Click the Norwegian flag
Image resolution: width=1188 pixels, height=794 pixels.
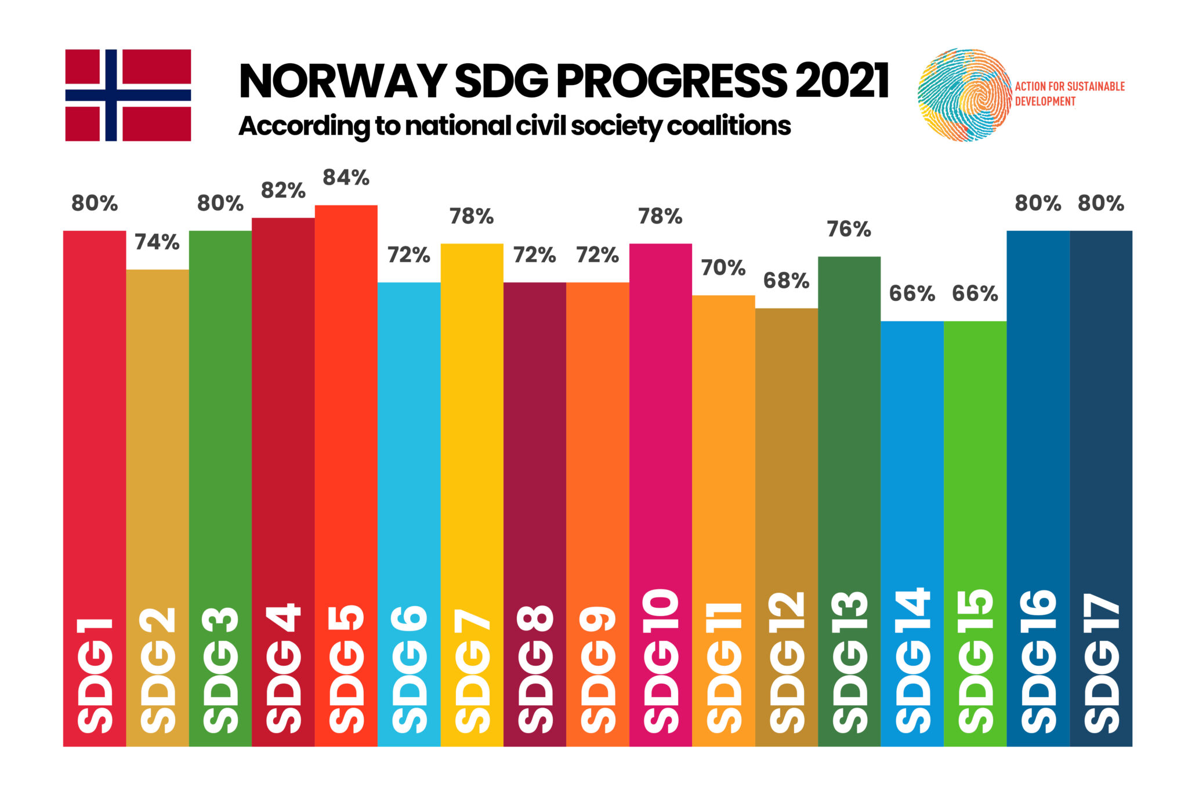pyautogui.click(x=128, y=95)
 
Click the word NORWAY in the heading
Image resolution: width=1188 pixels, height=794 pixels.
pyautogui.click(x=342, y=81)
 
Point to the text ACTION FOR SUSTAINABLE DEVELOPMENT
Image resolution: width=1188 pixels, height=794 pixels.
pyautogui.click(x=1069, y=94)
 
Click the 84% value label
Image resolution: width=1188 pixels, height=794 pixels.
pyautogui.click(x=346, y=178)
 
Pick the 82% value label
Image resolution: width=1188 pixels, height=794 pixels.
pyautogui.click(x=283, y=191)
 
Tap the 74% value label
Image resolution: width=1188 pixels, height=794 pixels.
pyautogui.click(x=157, y=242)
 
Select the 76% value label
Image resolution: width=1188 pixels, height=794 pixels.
pyautogui.click(x=849, y=230)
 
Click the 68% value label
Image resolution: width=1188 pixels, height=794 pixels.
pyautogui.click(x=786, y=281)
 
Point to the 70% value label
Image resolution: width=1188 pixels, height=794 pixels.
pyautogui.click(x=723, y=268)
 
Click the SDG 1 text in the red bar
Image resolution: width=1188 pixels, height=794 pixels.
pyautogui.click(x=95, y=676)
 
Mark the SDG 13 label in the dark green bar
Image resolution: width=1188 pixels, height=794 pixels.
pyautogui.click(x=849, y=661)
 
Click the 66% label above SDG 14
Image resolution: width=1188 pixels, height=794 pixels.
pyautogui.click(x=912, y=294)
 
